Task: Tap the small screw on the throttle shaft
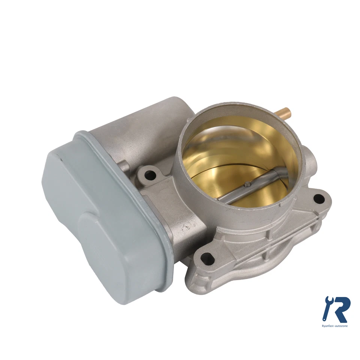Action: click(x=247, y=184)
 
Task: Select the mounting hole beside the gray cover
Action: click(x=150, y=174)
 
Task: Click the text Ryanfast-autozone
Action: click(x=335, y=326)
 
